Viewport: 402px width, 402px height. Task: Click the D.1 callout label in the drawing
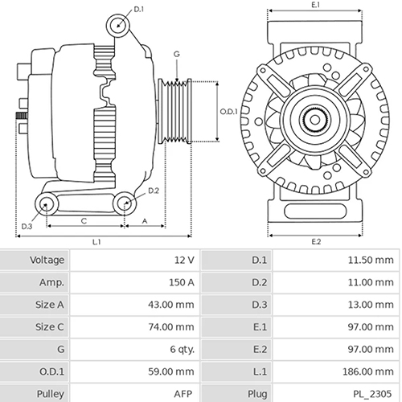(138, 9)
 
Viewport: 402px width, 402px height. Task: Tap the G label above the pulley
(175, 54)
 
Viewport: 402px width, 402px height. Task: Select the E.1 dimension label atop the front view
(315, 5)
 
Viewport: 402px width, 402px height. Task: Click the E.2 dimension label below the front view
(315, 241)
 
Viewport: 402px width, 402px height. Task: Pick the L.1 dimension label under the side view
(96, 241)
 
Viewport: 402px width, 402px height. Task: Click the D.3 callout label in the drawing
(27, 226)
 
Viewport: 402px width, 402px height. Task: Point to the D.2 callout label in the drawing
(154, 191)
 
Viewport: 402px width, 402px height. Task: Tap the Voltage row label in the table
(47, 260)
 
